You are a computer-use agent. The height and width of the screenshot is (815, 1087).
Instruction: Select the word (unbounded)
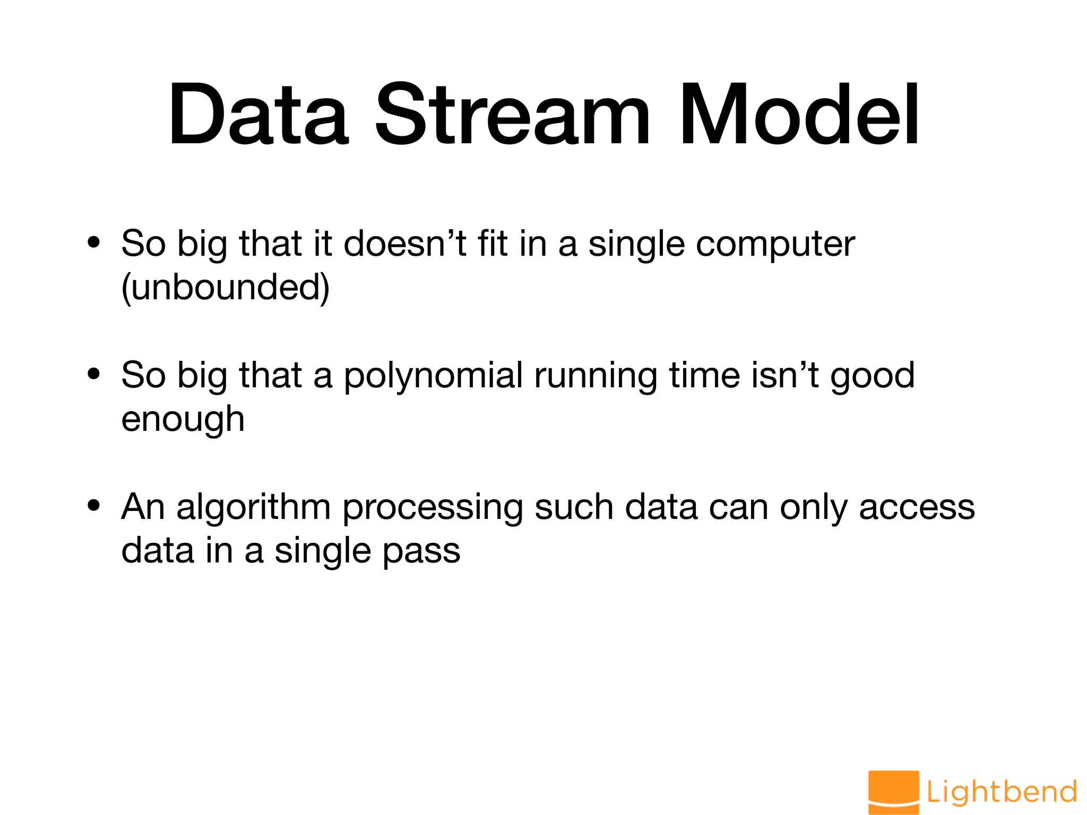[x=226, y=288]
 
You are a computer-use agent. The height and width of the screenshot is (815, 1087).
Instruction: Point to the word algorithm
[x=253, y=508]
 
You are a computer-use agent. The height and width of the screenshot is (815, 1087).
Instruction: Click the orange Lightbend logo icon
[x=893, y=791]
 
